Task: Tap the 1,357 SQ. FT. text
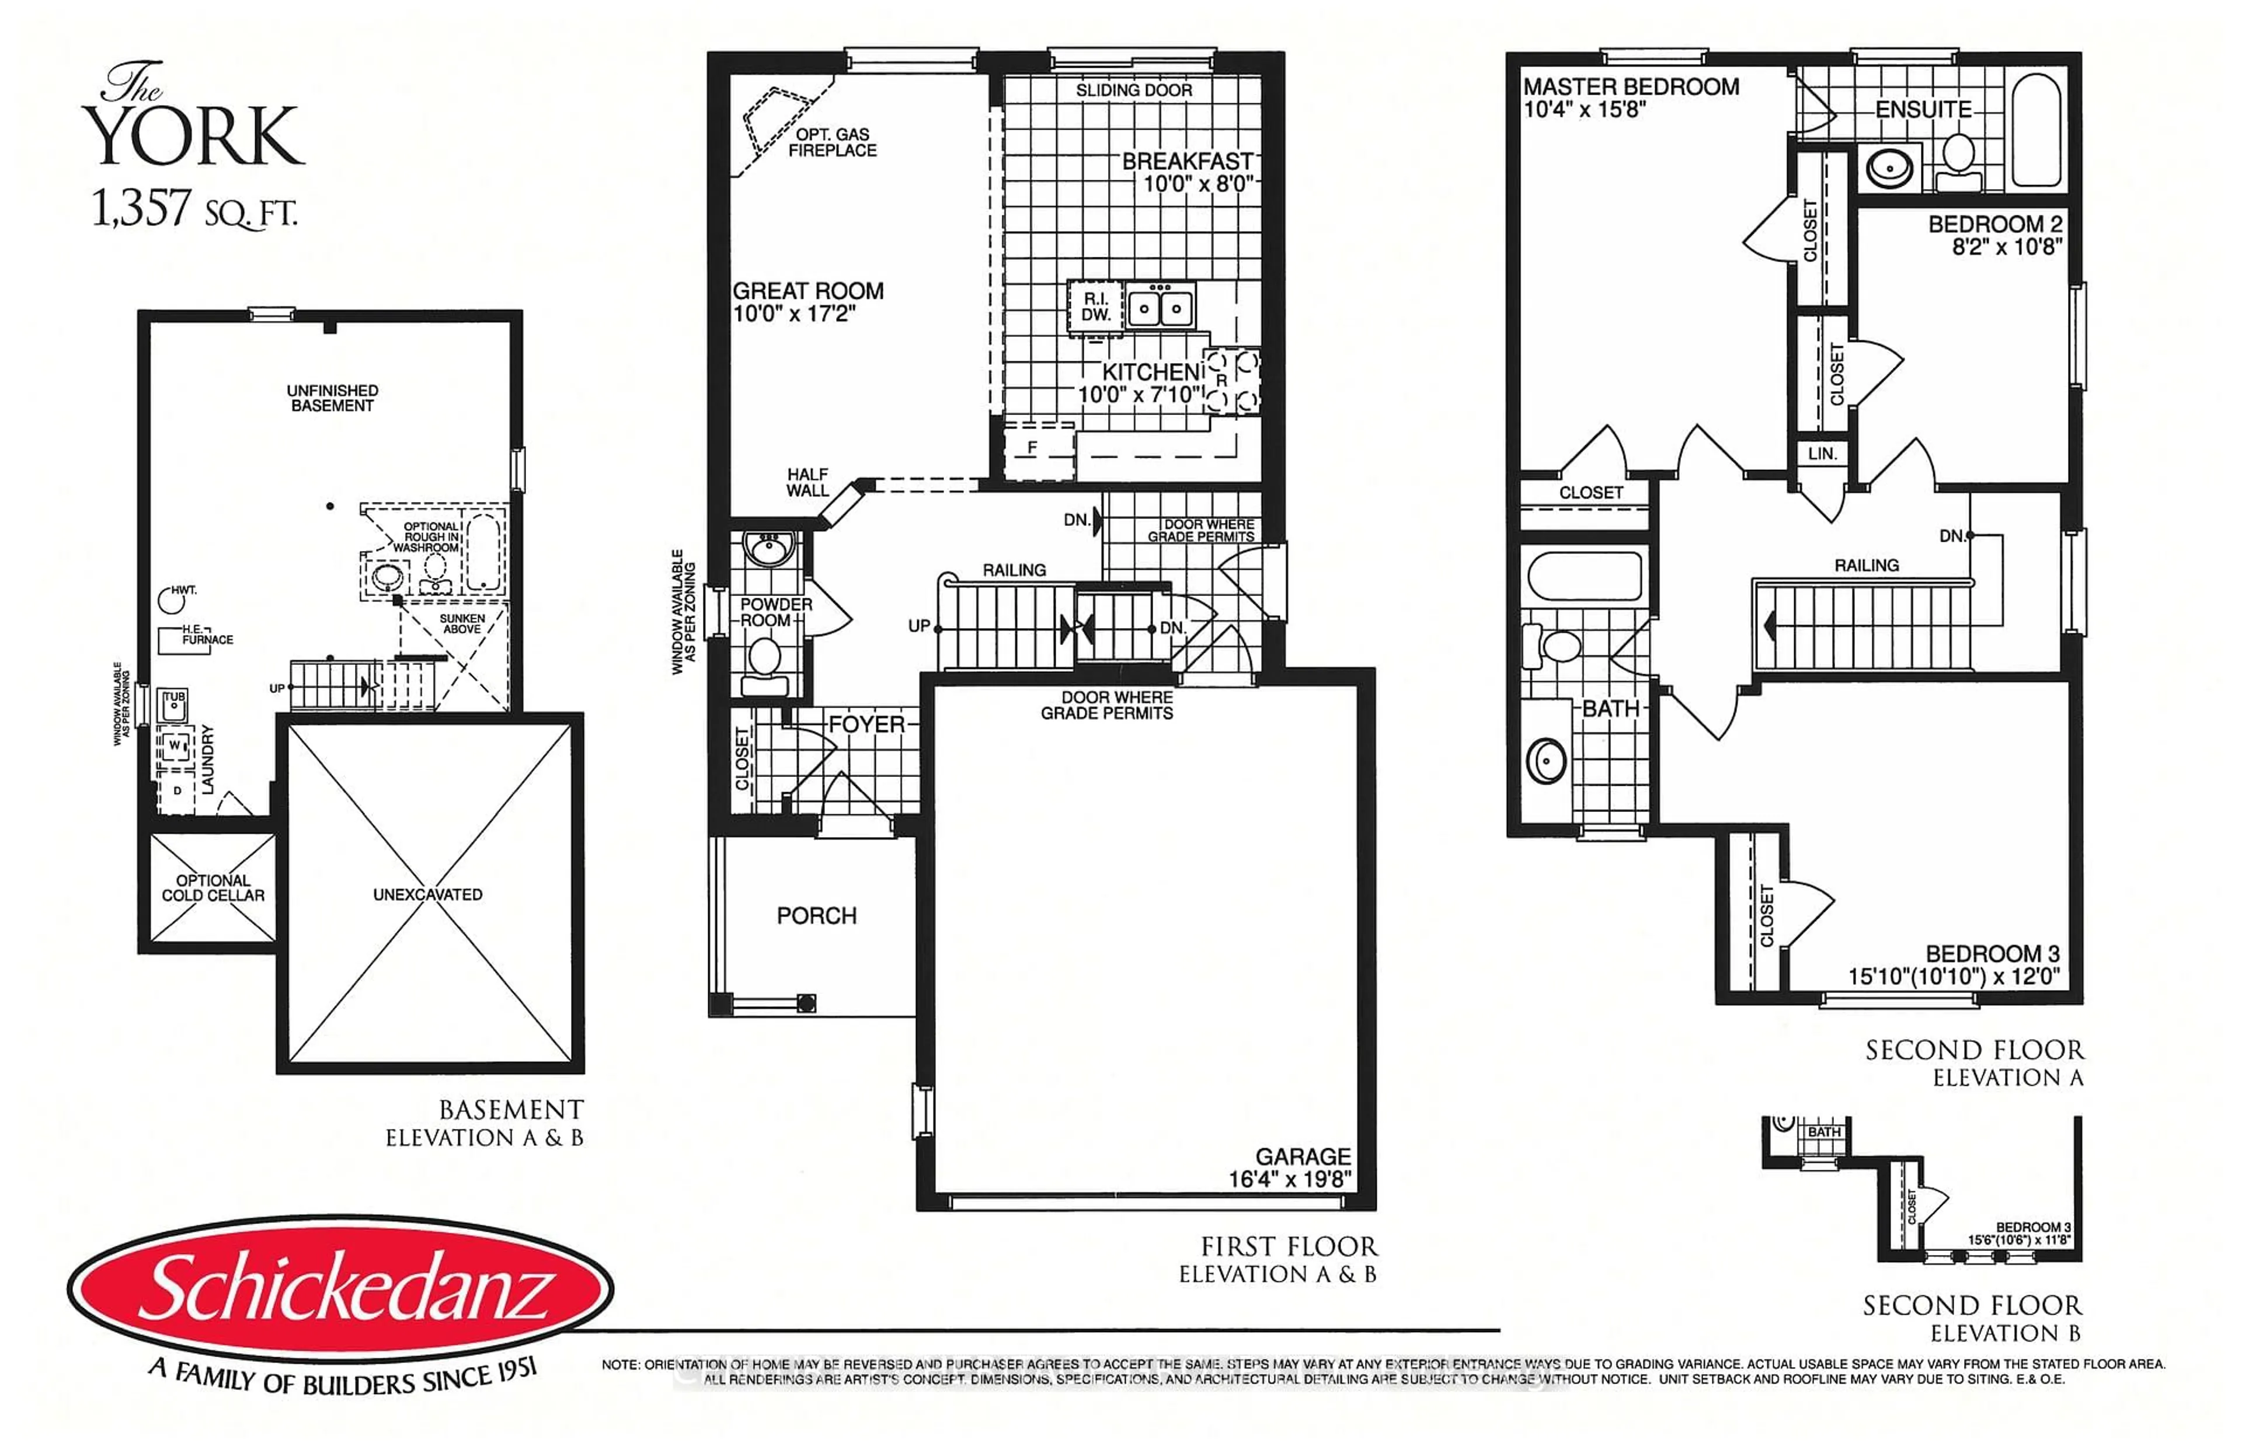[193, 209]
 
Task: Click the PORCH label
[816, 915]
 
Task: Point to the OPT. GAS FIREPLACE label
[833, 142]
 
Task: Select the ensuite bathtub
[2036, 130]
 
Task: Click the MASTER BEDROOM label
[1631, 86]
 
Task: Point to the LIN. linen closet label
[1822, 454]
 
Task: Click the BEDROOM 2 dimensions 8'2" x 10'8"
[2007, 248]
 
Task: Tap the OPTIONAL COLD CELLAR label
[213, 888]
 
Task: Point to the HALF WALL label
[808, 482]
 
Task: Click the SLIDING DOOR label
[1134, 90]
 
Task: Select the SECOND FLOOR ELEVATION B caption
[1972, 1318]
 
